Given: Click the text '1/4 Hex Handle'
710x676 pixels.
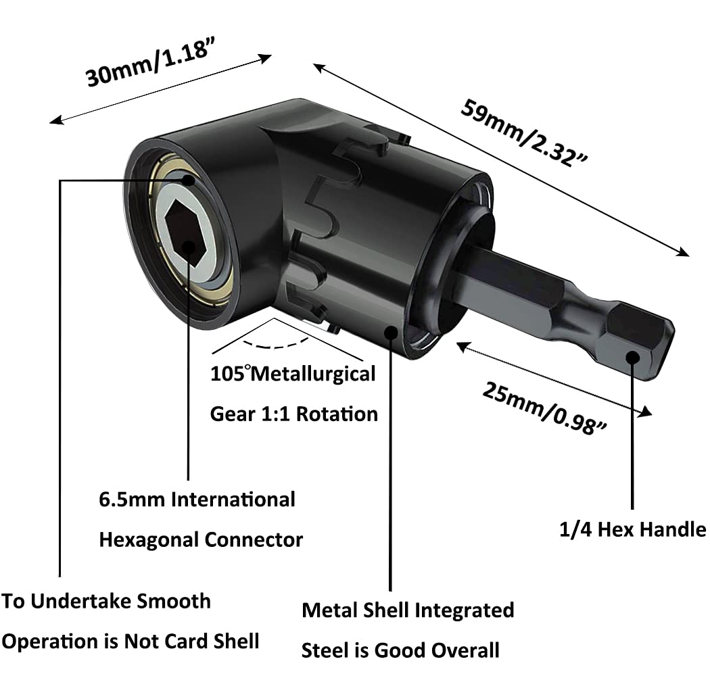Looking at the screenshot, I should click(632, 529).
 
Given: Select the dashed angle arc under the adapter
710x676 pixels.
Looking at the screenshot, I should click(275, 343).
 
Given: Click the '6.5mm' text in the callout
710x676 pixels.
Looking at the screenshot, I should click(131, 500).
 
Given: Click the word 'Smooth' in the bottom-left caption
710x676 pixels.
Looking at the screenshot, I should click(172, 601).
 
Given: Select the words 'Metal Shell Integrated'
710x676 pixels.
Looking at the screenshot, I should click(408, 610).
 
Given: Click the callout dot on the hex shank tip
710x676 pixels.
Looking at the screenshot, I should click(632, 358).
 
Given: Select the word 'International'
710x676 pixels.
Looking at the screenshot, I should click(233, 500).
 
